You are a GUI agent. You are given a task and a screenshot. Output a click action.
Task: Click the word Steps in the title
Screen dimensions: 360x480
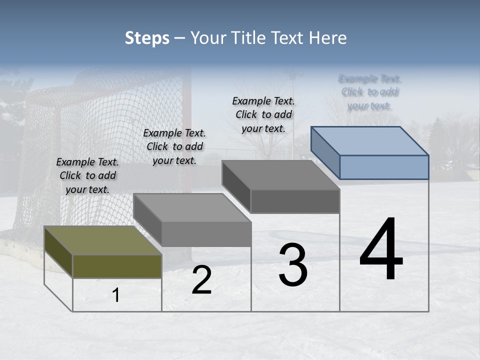click(x=147, y=38)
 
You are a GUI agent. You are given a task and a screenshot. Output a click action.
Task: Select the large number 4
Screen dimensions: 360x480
click(x=381, y=250)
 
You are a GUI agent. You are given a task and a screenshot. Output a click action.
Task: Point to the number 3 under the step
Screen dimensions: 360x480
click(x=293, y=265)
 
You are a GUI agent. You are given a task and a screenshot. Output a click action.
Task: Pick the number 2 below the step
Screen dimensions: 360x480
click(x=201, y=280)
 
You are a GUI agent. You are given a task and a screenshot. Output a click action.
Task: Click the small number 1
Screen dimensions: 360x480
click(x=116, y=295)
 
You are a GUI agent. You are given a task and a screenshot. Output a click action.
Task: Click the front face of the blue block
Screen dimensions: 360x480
click(x=384, y=167)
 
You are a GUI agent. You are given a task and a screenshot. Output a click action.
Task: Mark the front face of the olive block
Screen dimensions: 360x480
click(x=117, y=266)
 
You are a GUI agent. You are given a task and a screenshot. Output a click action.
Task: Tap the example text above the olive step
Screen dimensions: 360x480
click(x=87, y=175)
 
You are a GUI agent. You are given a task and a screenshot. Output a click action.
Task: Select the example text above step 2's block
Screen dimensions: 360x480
click(x=174, y=146)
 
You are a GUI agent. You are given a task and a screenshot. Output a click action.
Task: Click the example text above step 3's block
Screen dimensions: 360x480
click(x=263, y=114)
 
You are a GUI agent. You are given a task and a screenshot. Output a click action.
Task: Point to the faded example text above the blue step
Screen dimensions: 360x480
click(x=370, y=92)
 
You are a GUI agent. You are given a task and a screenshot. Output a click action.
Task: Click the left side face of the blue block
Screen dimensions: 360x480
click(x=325, y=150)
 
